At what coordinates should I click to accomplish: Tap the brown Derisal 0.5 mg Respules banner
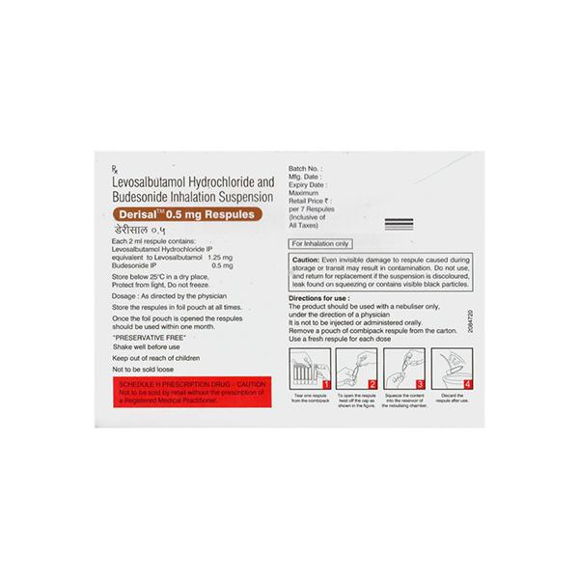(183, 215)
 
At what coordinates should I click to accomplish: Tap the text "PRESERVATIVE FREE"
(151, 339)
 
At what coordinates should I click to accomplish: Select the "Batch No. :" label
(309, 168)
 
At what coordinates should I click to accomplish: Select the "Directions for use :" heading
(322, 299)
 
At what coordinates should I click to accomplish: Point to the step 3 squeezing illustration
(403, 368)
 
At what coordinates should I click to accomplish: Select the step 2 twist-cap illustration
(356, 367)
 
